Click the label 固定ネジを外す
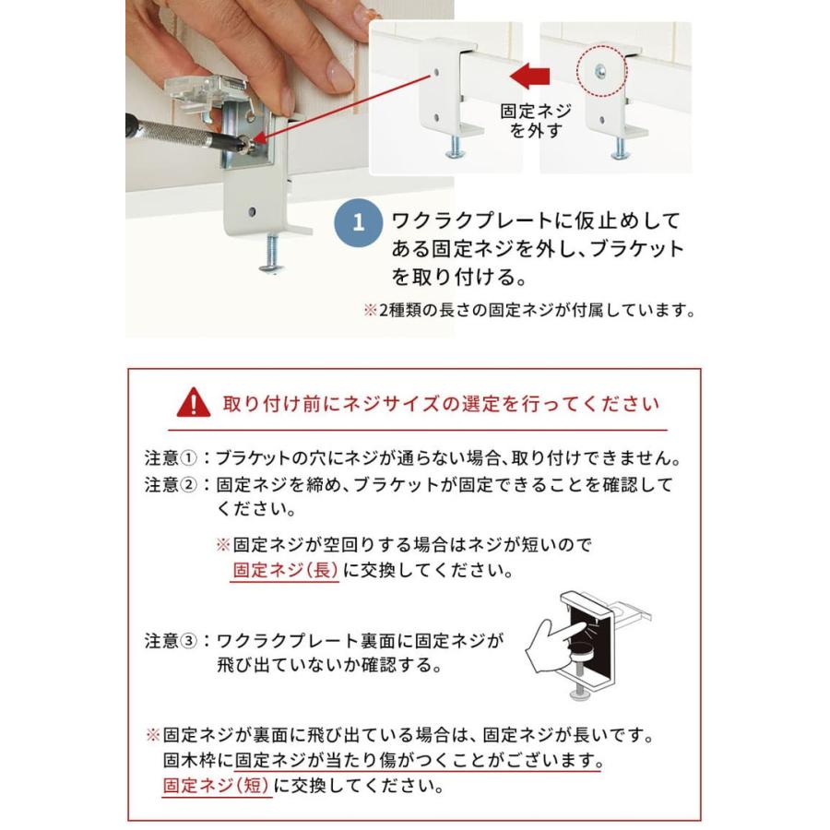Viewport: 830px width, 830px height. pos(536,120)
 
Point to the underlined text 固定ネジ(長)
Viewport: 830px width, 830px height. pos(284,570)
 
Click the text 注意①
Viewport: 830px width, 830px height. pos(171,458)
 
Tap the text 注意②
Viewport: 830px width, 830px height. pos(171,484)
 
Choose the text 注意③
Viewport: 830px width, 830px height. pos(171,639)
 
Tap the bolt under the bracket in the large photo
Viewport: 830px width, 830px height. pos(272,254)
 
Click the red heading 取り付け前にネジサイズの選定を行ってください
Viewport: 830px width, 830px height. pos(441,404)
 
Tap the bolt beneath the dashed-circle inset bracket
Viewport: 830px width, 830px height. pos(621,145)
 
